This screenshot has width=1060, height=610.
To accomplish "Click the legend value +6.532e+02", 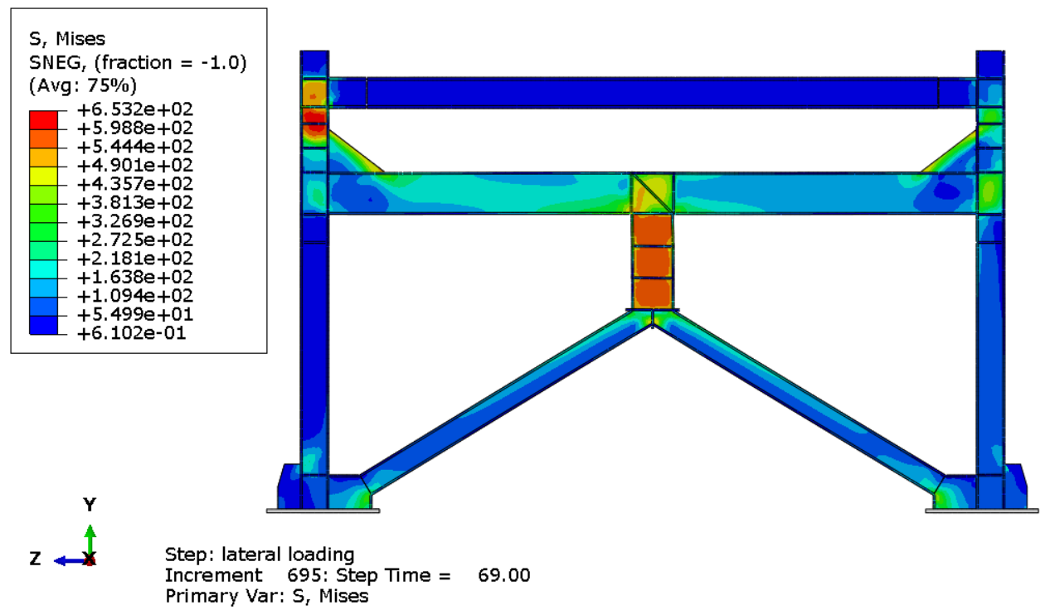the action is coord(135,109).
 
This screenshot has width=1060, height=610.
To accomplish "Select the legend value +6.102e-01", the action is coord(132,333).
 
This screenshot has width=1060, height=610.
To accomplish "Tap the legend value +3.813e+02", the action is coord(135,203).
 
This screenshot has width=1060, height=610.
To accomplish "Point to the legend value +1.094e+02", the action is coord(135,296).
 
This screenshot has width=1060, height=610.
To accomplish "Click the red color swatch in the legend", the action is coord(43,120).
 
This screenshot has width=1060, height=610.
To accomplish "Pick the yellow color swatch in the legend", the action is coord(43,176).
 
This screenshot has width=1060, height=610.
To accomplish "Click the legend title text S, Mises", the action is coord(67,39).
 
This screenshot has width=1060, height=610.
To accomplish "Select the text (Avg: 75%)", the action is coord(83,85).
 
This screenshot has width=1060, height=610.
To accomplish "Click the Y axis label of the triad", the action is coord(90,505).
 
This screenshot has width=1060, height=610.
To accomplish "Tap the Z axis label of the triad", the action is coord(35,559).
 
